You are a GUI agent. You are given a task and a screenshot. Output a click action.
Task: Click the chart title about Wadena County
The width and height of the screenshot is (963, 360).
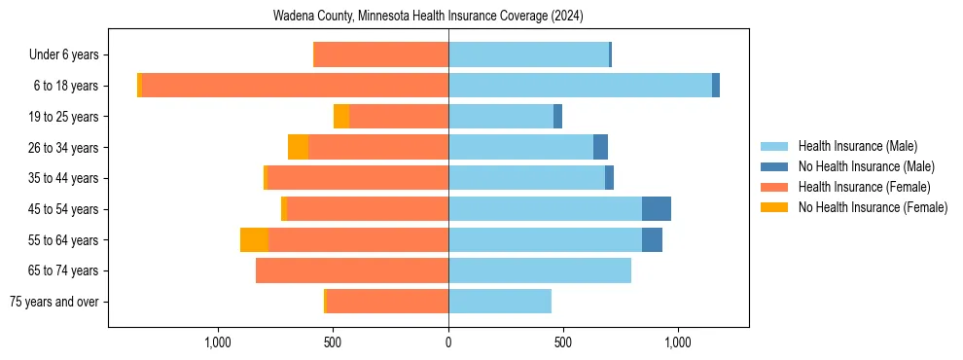(x=448, y=16)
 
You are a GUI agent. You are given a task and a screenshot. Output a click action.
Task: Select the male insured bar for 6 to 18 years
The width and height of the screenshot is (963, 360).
(x=580, y=86)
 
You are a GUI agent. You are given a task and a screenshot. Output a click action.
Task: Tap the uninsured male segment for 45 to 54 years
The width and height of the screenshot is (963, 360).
(x=657, y=209)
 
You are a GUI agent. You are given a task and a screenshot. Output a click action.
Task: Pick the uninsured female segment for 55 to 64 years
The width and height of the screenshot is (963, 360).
(x=254, y=239)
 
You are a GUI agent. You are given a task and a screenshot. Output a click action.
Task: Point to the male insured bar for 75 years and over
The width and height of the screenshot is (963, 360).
(x=500, y=302)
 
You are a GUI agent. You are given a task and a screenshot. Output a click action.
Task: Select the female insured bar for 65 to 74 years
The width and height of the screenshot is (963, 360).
(x=352, y=270)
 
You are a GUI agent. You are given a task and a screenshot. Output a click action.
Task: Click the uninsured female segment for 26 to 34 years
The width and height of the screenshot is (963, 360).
(x=298, y=147)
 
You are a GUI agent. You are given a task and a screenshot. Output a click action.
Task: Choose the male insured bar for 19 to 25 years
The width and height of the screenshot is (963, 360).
(x=501, y=117)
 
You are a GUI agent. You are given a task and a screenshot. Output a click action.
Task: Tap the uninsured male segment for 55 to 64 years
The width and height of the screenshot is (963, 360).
(x=652, y=239)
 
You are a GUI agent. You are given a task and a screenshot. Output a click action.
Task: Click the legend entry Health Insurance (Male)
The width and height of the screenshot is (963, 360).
(x=857, y=146)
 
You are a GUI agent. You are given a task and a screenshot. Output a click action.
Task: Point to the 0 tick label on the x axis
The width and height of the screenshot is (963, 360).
(x=448, y=342)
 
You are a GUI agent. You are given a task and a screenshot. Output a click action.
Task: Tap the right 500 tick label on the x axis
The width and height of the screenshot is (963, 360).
(x=563, y=342)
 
